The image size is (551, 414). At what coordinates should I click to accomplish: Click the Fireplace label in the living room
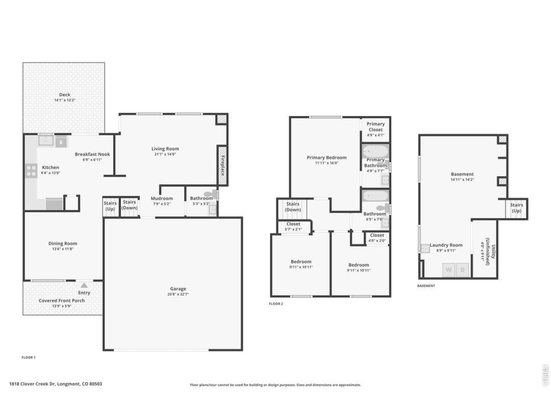click(222, 166)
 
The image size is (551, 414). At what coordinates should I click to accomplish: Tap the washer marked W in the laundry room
click(449, 270)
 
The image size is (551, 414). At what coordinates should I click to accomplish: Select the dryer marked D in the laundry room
click(462, 270)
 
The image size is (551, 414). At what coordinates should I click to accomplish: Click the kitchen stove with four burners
click(31, 171)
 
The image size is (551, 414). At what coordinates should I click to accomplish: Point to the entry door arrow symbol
click(84, 286)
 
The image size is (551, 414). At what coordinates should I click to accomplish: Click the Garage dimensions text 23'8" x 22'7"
click(178, 294)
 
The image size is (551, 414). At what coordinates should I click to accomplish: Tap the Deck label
click(65, 95)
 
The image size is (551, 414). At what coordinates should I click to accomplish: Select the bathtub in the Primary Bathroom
click(375, 152)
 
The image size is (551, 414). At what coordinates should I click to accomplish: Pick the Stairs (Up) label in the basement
click(516, 208)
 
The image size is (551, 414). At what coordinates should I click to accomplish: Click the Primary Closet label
click(375, 127)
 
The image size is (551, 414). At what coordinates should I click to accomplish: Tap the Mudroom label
click(162, 198)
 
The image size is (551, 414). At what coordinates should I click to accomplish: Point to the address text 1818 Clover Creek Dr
click(32, 384)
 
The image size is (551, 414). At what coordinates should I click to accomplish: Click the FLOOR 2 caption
click(276, 304)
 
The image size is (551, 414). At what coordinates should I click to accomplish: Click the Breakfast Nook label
click(92, 154)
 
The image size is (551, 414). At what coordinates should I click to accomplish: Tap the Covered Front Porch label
click(62, 301)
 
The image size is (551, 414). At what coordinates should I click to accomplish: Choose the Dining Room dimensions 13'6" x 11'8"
click(63, 249)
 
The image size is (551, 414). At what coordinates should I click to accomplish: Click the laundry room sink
click(425, 248)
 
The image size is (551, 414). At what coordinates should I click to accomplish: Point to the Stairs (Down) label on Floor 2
click(293, 206)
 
